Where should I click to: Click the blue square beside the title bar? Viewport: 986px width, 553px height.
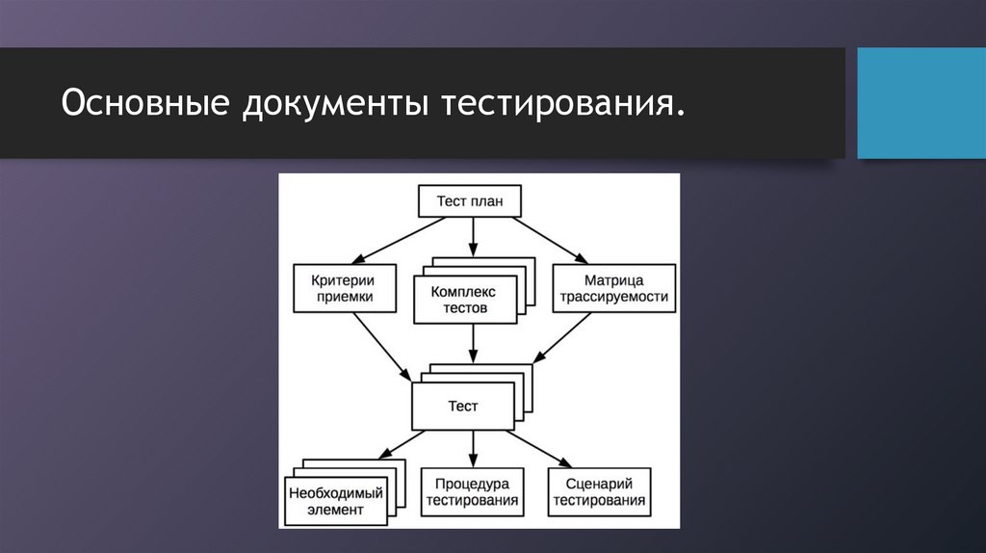[921, 103]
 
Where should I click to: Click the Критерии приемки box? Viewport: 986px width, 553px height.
[344, 287]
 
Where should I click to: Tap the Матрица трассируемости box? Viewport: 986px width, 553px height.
[613, 287]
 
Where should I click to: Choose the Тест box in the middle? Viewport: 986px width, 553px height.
[463, 407]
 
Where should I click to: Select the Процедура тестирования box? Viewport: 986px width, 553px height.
[472, 491]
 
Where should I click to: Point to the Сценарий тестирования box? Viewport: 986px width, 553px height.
[599, 491]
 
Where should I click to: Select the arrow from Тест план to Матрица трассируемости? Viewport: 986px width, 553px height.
[550, 239]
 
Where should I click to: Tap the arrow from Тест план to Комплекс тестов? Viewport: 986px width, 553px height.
[472, 237]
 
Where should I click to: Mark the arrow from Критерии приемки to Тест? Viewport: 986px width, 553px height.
[379, 346]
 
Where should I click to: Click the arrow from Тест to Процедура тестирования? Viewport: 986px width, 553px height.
[472, 448]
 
